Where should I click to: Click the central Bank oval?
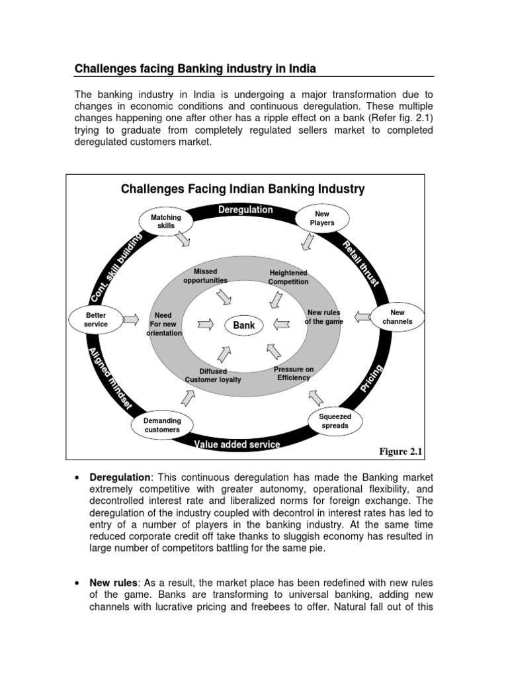coord(243,325)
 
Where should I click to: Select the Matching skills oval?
coord(165,221)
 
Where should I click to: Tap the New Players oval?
coord(322,218)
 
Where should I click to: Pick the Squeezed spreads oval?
coord(335,421)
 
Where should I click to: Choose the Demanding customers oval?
coord(162,425)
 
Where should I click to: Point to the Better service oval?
coord(96,320)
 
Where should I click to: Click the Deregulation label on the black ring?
coord(245,210)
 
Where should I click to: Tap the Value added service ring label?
coord(237,444)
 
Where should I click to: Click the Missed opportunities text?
coord(205,276)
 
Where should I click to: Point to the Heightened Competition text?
coord(288,277)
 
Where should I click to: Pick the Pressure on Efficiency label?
coord(294,373)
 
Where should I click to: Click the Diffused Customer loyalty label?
coord(213,376)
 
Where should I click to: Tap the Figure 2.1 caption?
coord(400,452)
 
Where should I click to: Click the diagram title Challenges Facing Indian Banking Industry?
coord(243,189)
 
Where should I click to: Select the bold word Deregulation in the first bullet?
coord(120,478)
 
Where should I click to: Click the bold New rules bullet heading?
coord(113,583)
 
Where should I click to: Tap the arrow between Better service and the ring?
coord(130,320)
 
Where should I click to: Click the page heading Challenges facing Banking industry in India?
coord(195,68)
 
